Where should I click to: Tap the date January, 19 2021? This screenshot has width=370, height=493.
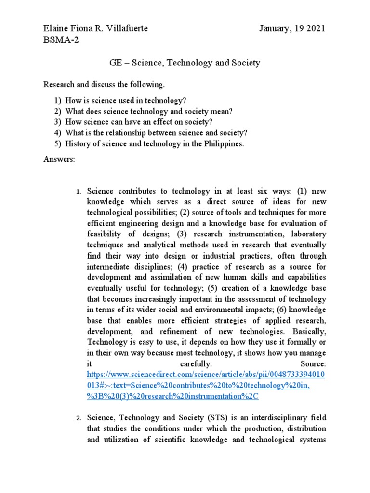click(292, 28)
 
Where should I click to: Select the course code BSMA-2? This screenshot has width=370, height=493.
click(61, 40)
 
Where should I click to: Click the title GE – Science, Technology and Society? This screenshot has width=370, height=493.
click(185, 63)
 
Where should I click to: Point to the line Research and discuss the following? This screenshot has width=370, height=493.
click(104, 85)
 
